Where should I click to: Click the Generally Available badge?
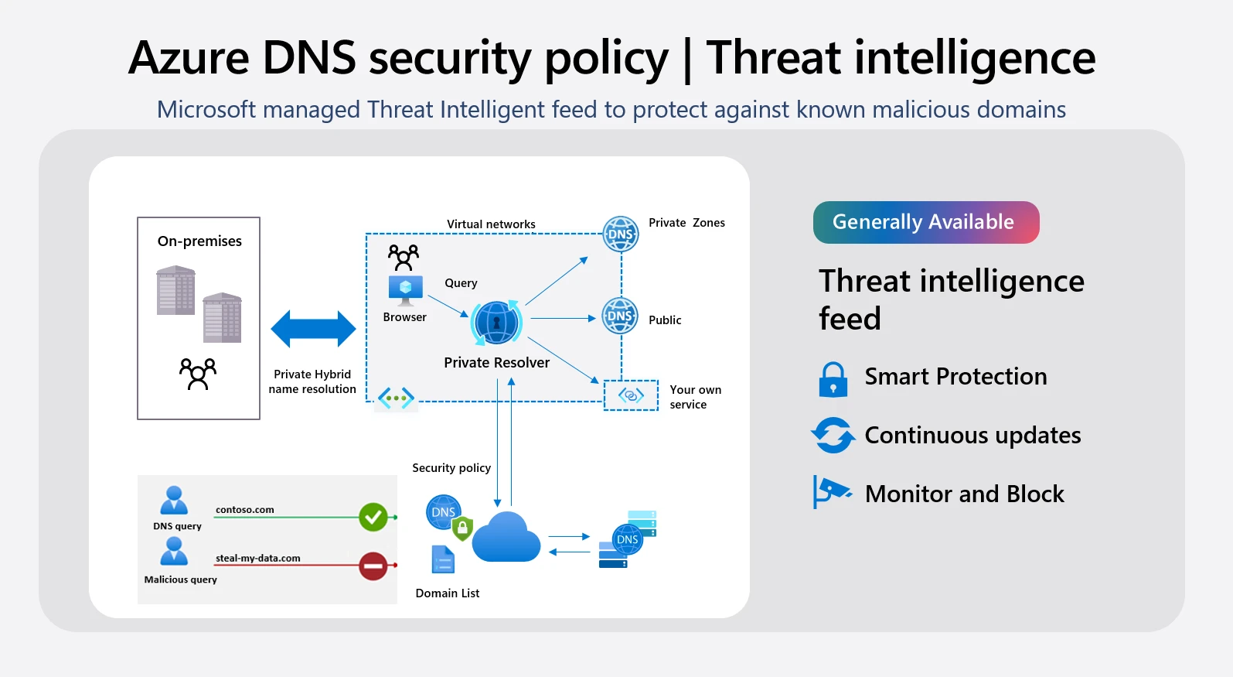click(x=925, y=222)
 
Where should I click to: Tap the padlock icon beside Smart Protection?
click(x=833, y=379)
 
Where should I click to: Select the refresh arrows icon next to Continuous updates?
click(x=833, y=436)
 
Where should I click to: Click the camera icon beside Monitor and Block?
click(x=831, y=491)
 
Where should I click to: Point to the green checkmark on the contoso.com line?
click(x=373, y=517)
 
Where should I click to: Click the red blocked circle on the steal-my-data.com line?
click(x=373, y=566)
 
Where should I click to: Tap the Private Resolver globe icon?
click(x=496, y=323)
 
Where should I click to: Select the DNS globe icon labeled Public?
click(x=620, y=316)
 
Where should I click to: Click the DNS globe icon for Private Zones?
click(x=620, y=234)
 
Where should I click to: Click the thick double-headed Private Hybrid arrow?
click(x=313, y=329)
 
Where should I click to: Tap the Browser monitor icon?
click(x=405, y=290)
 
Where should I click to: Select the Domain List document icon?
click(x=443, y=559)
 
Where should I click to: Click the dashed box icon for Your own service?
click(x=631, y=395)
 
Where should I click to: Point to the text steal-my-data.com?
click(x=257, y=558)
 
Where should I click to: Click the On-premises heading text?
click(x=199, y=241)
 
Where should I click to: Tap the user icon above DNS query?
click(x=174, y=501)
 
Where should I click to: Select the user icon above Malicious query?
click(x=174, y=551)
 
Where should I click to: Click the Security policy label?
click(x=451, y=468)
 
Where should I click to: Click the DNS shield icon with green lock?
click(x=449, y=516)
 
